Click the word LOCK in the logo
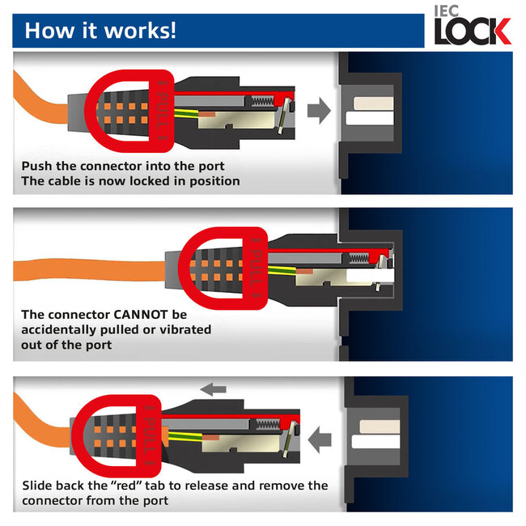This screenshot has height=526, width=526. (473, 31)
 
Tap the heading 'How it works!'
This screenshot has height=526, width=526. (100, 31)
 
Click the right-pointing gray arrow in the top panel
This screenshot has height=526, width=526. (320, 111)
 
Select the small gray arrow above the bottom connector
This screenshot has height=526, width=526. (213, 389)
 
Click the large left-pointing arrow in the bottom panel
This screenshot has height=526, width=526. (320, 440)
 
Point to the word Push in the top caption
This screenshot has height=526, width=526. (37, 167)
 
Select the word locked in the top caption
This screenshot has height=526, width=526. (159, 181)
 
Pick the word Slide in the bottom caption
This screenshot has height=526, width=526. (38, 486)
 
